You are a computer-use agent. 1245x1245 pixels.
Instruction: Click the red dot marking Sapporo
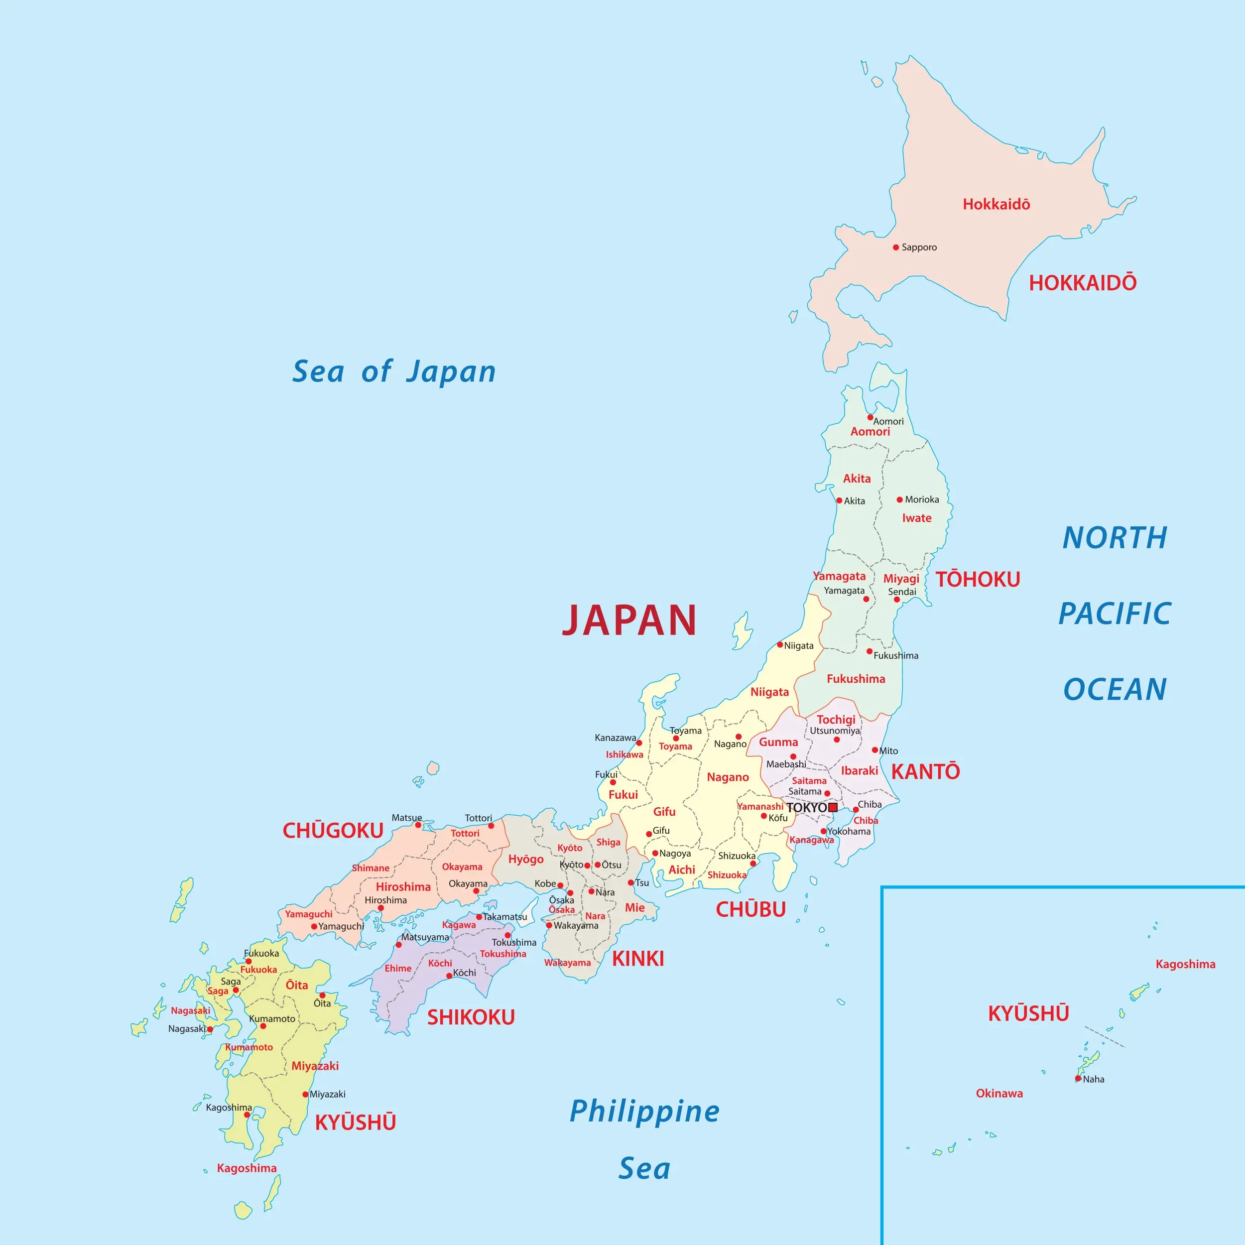pyautogui.click(x=896, y=248)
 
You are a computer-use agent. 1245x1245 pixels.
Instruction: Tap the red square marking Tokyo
pyautogui.click(x=833, y=807)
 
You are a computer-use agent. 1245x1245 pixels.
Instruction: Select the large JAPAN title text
pyautogui.click(x=629, y=621)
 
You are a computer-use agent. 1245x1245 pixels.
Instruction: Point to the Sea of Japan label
pyautogui.click(x=394, y=372)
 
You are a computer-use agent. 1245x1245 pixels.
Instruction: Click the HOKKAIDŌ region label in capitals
pyautogui.click(x=1083, y=283)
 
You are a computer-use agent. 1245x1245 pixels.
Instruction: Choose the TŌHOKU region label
pyautogui.click(x=978, y=579)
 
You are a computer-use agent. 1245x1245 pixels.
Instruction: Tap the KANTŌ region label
pyautogui.click(x=925, y=771)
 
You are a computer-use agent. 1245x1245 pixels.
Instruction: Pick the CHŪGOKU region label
pyautogui.click(x=333, y=831)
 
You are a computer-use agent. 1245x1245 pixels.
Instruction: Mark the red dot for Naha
pyautogui.click(x=1078, y=1079)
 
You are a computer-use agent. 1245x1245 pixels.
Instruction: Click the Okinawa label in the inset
pyautogui.click(x=999, y=1094)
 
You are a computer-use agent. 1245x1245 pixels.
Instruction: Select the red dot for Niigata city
pyautogui.click(x=780, y=644)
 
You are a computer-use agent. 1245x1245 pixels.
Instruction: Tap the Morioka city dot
pyautogui.click(x=899, y=499)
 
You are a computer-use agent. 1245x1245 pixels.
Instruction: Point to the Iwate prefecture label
pyautogui.click(x=916, y=518)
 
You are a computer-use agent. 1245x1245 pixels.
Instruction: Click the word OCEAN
pyautogui.click(x=1115, y=690)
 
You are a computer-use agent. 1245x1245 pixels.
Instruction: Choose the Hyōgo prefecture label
pyautogui.click(x=526, y=859)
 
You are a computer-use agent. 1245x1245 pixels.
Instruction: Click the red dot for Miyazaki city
pyautogui.click(x=305, y=1094)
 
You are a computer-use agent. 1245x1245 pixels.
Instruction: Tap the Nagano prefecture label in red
pyautogui.click(x=728, y=777)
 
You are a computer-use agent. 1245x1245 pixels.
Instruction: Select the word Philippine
pyautogui.click(x=644, y=1111)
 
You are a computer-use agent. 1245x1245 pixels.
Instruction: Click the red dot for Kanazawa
pyautogui.click(x=639, y=743)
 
